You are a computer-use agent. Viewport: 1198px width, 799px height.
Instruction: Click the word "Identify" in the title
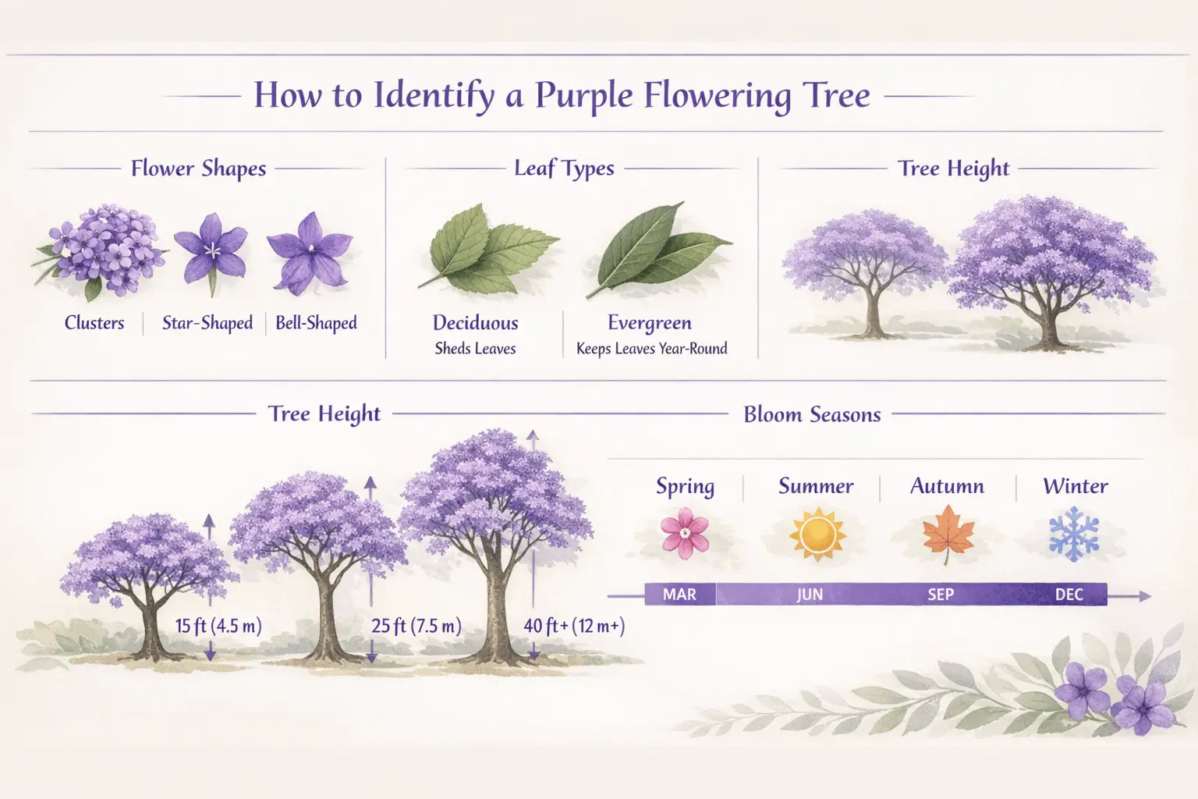click(434, 96)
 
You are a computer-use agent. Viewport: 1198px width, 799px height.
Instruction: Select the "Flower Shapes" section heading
click(198, 169)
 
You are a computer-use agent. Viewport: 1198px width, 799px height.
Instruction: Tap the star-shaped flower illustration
click(211, 248)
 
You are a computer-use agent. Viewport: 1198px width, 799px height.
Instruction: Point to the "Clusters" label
click(94, 323)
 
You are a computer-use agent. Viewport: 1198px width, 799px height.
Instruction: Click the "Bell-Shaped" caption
click(316, 323)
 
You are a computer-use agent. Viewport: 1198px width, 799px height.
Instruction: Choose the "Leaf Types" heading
click(564, 169)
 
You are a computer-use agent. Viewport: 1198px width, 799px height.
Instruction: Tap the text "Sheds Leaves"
click(475, 349)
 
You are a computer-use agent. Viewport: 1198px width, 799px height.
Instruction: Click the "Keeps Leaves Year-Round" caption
click(651, 349)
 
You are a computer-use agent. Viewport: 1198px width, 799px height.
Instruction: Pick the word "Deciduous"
click(475, 323)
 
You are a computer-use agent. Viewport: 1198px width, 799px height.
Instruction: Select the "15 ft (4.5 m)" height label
click(218, 626)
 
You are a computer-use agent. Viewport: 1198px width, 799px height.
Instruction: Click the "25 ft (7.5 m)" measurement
click(416, 626)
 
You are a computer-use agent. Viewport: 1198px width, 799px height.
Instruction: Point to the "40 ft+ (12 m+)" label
click(574, 626)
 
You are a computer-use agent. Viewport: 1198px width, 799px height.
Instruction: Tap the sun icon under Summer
click(817, 534)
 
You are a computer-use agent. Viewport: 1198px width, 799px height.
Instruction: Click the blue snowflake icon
click(1074, 534)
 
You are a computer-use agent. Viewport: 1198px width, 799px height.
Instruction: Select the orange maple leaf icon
click(948, 533)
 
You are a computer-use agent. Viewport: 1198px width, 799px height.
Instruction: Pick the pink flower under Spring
click(685, 533)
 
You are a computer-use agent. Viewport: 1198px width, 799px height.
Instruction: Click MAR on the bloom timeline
click(679, 595)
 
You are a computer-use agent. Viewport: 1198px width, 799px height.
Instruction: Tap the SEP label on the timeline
click(941, 595)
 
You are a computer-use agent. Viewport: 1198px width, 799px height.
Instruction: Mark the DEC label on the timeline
click(1069, 595)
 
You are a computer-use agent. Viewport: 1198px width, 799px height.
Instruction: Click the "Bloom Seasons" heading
click(812, 414)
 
